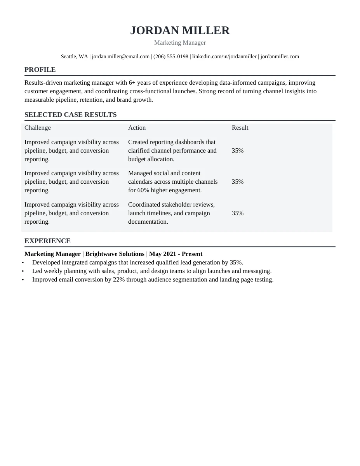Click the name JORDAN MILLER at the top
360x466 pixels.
click(x=180, y=30)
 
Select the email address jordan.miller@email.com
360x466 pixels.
click(x=121, y=57)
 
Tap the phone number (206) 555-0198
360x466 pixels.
click(x=170, y=57)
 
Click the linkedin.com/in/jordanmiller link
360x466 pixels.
click(x=224, y=57)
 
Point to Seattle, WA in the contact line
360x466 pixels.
click(x=74, y=57)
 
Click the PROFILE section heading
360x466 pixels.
click(x=40, y=70)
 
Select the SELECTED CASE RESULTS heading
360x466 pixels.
click(x=70, y=115)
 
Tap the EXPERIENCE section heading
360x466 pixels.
click(x=47, y=241)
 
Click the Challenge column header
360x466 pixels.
click(x=38, y=128)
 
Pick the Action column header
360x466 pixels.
click(x=137, y=128)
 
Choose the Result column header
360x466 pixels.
click(x=240, y=128)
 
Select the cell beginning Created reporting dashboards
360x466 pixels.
click(x=172, y=151)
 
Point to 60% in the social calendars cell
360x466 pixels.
click(x=143, y=190)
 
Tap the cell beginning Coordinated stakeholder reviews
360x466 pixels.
click(x=171, y=213)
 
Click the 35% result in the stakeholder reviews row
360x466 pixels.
click(x=238, y=213)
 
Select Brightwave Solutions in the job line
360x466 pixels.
click(x=115, y=254)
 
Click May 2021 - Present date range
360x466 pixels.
click(x=176, y=254)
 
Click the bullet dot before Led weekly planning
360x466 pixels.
click(x=23, y=271)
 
